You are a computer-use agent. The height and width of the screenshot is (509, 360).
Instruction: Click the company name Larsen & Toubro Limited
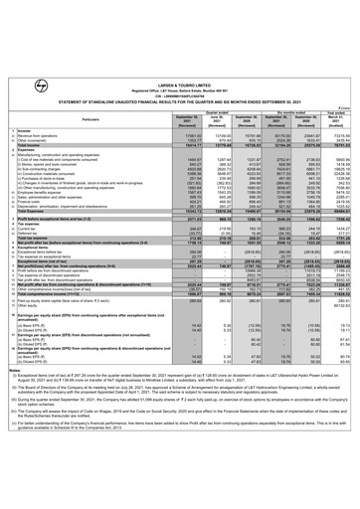coord(180,11)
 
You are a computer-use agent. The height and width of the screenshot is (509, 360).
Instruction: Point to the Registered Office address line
coord(180,17)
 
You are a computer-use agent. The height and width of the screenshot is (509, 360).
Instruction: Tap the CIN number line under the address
coord(180,23)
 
